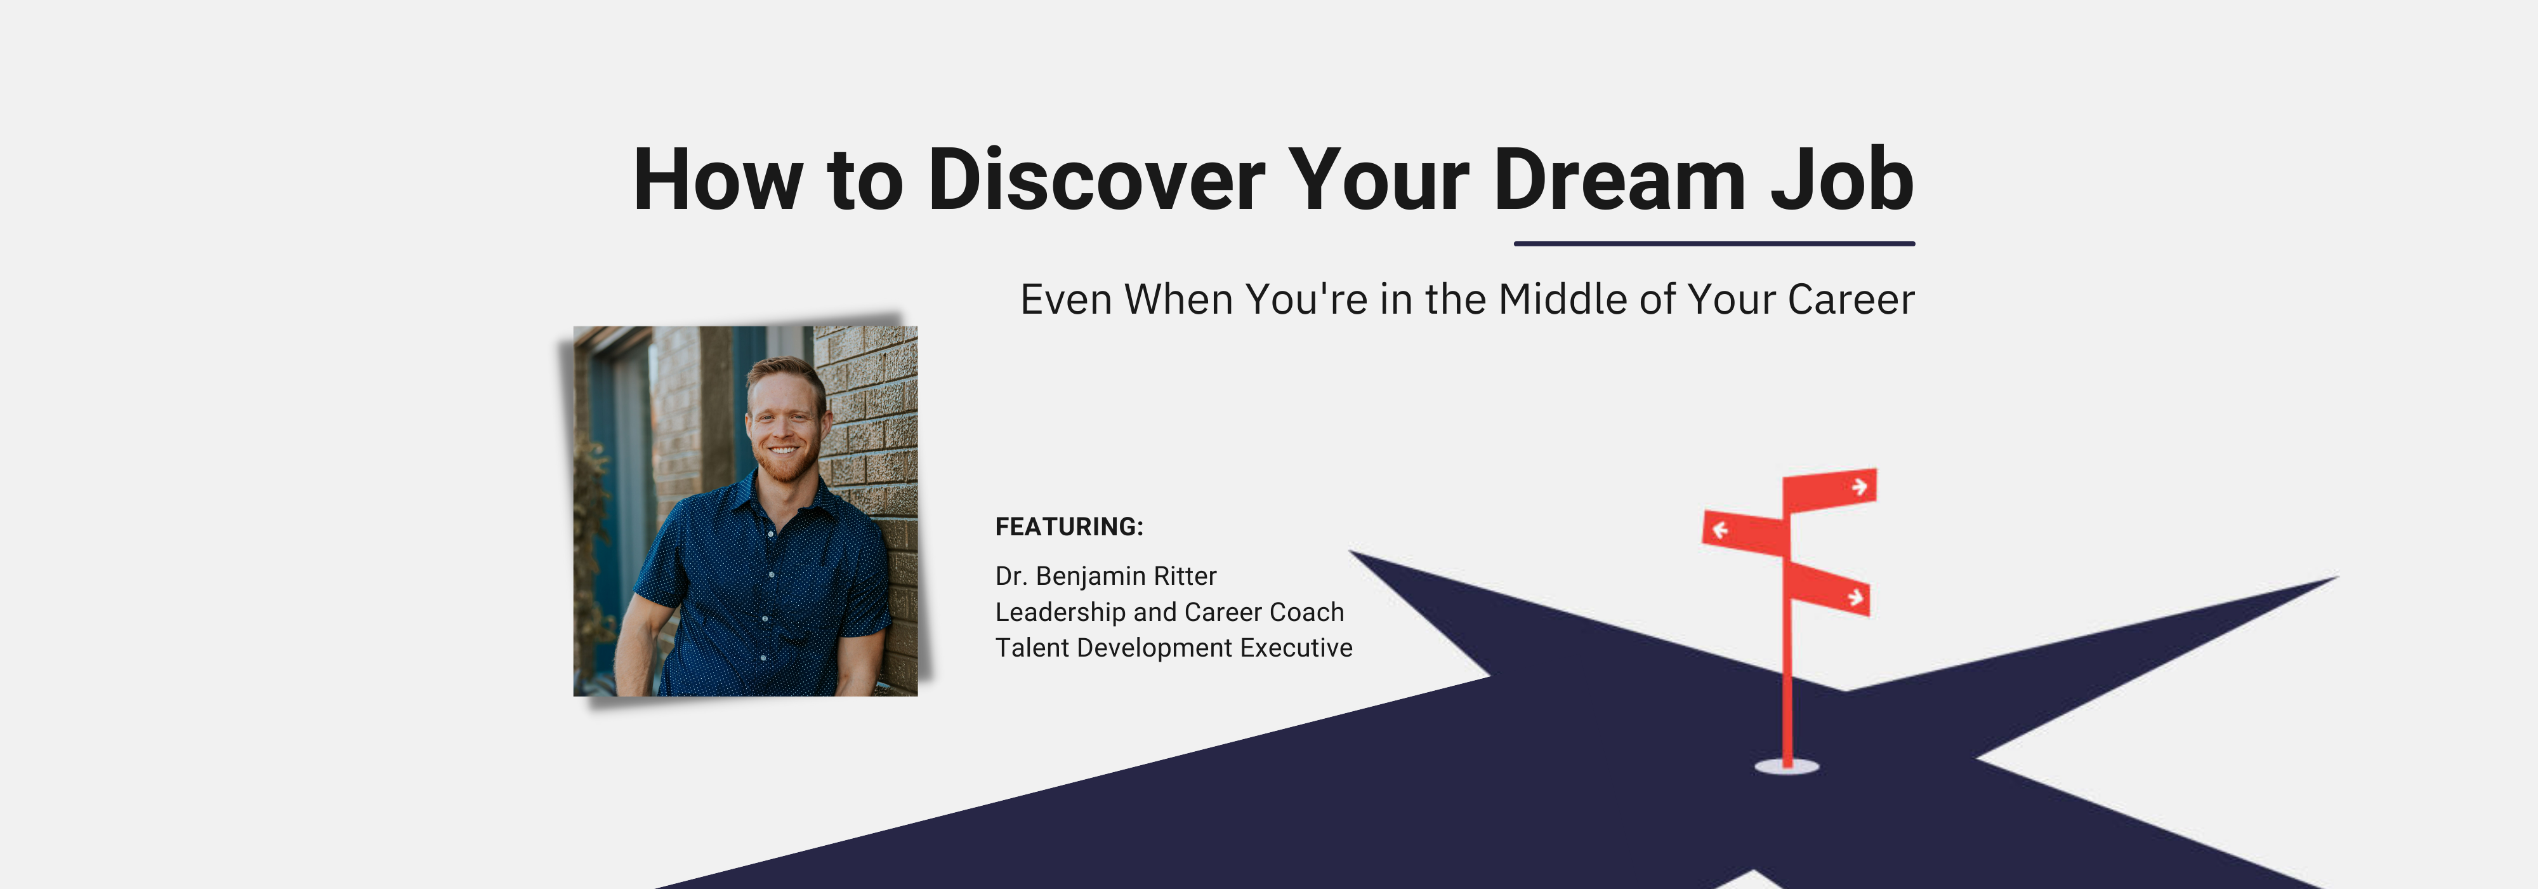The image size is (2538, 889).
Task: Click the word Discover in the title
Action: (x=1096, y=180)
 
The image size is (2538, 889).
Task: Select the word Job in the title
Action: (x=1841, y=180)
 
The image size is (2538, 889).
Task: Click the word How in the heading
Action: (x=717, y=180)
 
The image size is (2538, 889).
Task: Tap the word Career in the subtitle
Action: (x=1850, y=300)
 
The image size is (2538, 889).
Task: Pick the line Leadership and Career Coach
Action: (x=1169, y=612)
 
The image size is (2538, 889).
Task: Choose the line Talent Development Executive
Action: (x=1173, y=648)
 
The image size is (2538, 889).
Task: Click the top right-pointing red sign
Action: (x=1831, y=489)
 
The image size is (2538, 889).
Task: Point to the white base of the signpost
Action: (x=1786, y=766)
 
